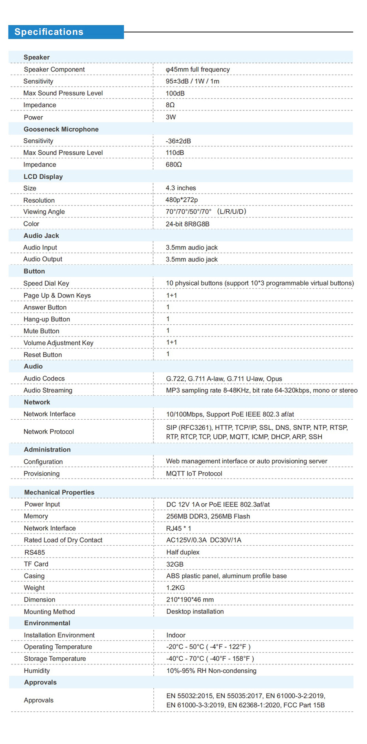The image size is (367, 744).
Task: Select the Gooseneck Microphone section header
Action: tap(61, 129)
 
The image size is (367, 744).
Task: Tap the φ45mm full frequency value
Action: tap(198, 69)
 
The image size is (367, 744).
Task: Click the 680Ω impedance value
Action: tap(174, 164)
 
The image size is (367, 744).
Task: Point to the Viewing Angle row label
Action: tap(44, 212)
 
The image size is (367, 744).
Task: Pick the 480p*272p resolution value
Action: tap(181, 200)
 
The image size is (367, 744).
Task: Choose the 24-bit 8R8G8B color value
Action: tap(188, 224)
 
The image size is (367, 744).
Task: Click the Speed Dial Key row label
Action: tap(46, 283)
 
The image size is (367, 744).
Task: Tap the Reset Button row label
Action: tap(43, 354)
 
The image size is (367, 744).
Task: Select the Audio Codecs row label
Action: tap(44, 379)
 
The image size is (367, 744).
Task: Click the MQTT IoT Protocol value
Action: tap(194, 474)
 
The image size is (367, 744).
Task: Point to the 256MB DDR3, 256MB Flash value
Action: tap(208, 516)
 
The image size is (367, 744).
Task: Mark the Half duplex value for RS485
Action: tap(183, 552)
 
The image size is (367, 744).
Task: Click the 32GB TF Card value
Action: tap(175, 564)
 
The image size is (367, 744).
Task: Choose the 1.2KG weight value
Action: tap(175, 588)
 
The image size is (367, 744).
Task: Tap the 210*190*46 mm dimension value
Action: tap(190, 600)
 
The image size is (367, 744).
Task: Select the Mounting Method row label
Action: tap(49, 612)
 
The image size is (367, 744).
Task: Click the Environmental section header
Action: tap(47, 623)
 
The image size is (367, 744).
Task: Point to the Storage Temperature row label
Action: tap(55, 659)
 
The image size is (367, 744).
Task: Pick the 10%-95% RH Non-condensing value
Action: tap(211, 671)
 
